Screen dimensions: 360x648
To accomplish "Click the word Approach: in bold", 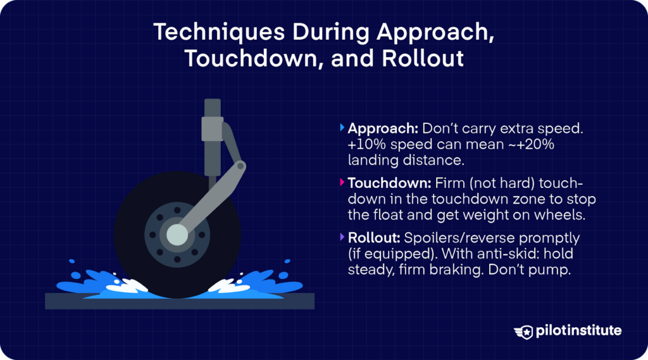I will [x=382, y=128].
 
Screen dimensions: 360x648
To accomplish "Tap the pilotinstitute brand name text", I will [x=577, y=331].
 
